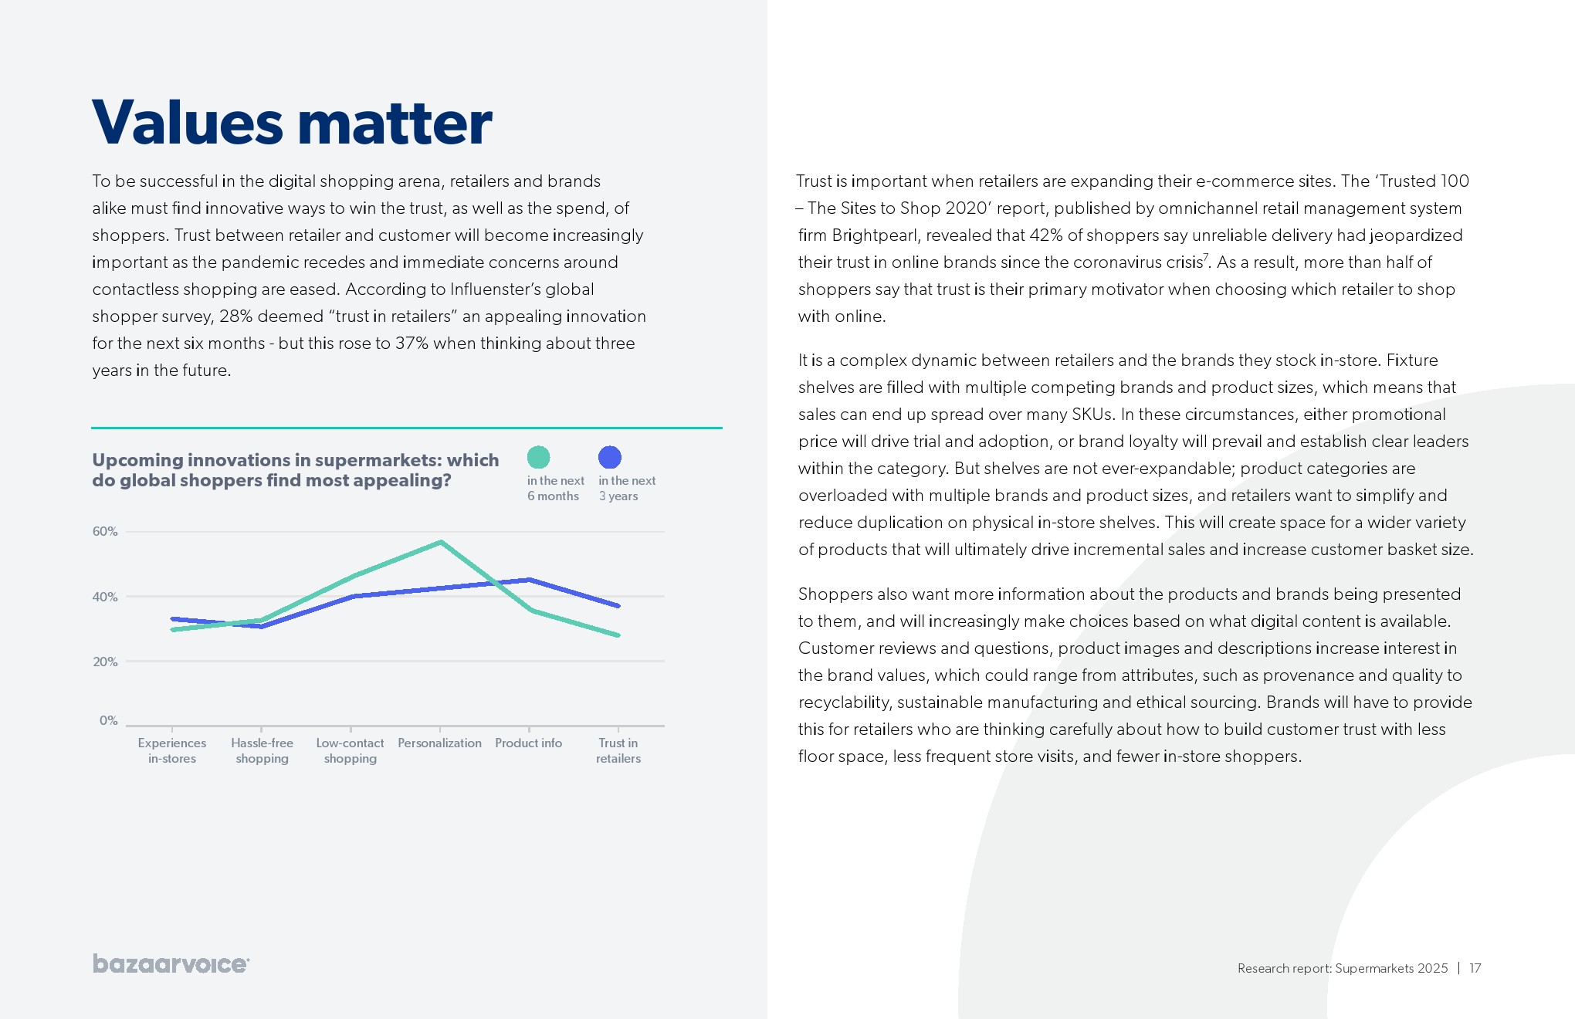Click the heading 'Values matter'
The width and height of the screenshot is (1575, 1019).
(x=292, y=122)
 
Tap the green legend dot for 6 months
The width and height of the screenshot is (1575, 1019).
(x=538, y=458)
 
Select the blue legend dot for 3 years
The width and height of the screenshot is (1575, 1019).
(x=610, y=458)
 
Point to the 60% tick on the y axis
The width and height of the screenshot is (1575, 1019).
(x=105, y=531)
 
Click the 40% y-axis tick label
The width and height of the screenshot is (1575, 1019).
(x=105, y=597)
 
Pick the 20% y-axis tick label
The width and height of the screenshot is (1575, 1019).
(x=105, y=662)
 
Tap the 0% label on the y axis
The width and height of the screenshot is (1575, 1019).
(x=108, y=720)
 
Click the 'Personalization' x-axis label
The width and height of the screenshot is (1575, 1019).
(x=439, y=743)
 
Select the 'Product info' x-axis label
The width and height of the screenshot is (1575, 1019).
(x=529, y=743)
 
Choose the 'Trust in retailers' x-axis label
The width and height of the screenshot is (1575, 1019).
(x=618, y=750)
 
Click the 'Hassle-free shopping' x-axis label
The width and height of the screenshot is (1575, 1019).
(x=262, y=750)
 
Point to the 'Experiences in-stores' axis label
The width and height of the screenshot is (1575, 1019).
(x=172, y=750)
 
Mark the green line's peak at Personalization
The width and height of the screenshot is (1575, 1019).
(x=440, y=542)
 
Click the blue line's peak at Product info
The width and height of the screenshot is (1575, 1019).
(x=529, y=579)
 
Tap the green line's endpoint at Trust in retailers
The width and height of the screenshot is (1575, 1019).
(x=618, y=635)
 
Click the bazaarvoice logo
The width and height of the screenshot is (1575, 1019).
(x=171, y=964)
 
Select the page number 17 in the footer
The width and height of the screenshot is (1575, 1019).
(x=1475, y=968)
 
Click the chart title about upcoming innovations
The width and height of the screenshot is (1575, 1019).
(x=296, y=470)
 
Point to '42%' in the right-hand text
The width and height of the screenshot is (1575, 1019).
(x=1046, y=235)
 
